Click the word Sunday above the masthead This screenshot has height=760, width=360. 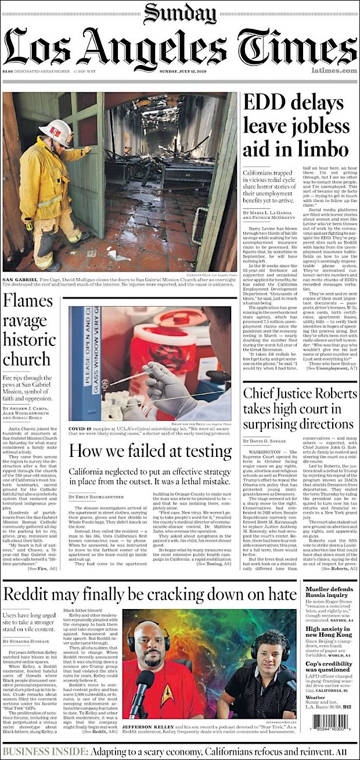179,12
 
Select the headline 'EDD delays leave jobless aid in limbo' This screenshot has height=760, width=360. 298,126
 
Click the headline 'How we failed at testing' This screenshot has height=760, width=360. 150,451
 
